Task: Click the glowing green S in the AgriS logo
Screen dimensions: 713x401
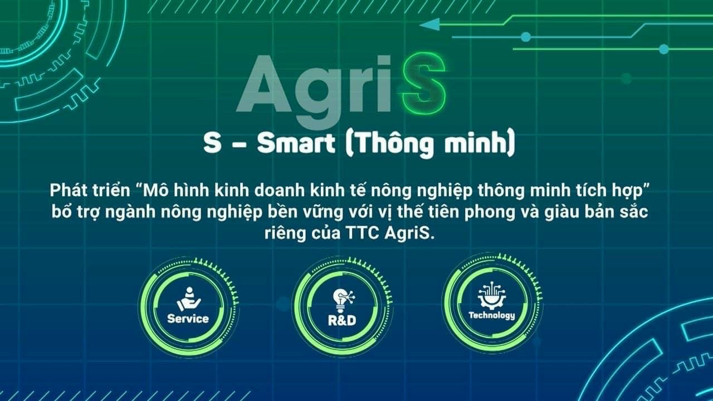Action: [423, 84]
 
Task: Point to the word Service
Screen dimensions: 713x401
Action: [188, 319]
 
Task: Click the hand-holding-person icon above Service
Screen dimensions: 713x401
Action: [189, 299]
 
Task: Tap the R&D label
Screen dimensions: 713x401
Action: [342, 320]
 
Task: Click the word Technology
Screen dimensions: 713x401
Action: [491, 316]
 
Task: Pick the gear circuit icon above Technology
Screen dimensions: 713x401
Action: [492, 295]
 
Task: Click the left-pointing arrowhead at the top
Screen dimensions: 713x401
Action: [430, 25]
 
